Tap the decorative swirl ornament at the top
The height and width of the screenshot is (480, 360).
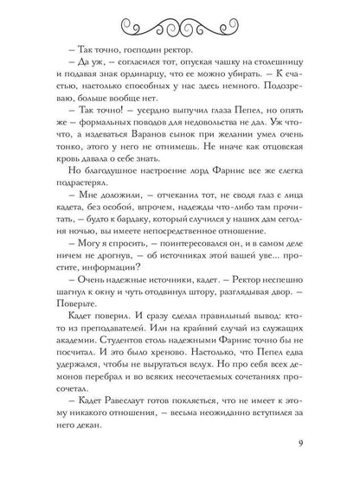click(180, 25)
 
